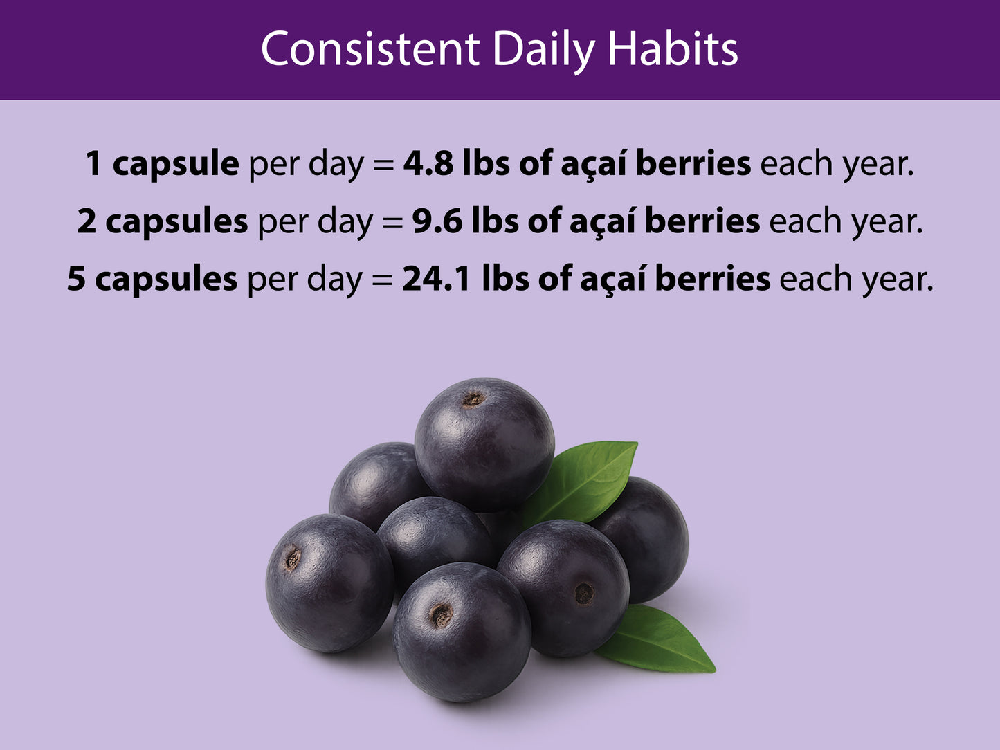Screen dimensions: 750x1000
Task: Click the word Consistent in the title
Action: click(370, 50)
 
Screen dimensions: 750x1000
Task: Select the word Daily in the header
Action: click(544, 50)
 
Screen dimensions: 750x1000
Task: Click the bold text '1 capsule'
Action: click(162, 165)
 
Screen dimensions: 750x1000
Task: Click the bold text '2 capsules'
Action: click(162, 222)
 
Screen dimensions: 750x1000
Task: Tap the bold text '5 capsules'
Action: click(152, 280)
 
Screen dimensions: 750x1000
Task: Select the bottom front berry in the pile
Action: click(462, 631)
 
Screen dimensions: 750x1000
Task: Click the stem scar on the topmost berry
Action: click(473, 399)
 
